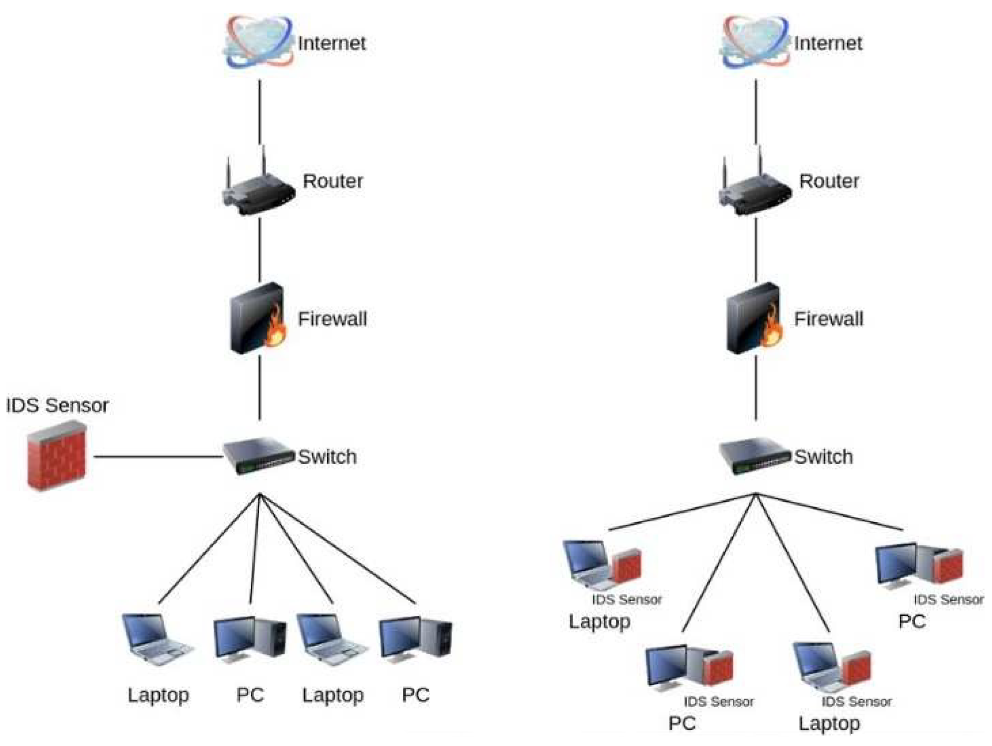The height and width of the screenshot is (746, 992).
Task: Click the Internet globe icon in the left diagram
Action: click(x=258, y=43)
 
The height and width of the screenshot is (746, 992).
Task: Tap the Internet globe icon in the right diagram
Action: click(x=755, y=43)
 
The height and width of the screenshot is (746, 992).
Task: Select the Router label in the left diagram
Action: click(x=332, y=181)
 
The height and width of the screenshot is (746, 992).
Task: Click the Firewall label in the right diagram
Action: click(x=828, y=319)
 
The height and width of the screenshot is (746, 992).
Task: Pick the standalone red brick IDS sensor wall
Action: click(x=56, y=455)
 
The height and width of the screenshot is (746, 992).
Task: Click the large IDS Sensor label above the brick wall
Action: click(x=57, y=405)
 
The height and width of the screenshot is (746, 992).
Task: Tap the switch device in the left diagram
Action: click(x=258, y=455)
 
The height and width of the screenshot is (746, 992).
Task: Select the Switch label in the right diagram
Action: click(x=823, y=456)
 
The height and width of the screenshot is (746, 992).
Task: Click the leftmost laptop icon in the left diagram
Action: click(x=157, y=639)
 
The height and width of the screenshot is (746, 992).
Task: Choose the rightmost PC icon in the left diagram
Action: click(x=415, y=639)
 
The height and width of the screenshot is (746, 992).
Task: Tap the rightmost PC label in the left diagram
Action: click(x=415, y=695)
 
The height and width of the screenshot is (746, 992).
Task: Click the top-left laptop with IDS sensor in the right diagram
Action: click(x=601, y=566)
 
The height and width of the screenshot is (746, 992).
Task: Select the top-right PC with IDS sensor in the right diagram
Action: click(x=918, y=566)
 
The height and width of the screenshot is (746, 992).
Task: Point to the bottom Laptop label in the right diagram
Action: click(x=828, y=723)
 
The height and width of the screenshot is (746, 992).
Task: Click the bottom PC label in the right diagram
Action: click(x=681, y=723)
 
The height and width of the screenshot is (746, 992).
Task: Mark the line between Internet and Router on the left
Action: click(x=259, y=112)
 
